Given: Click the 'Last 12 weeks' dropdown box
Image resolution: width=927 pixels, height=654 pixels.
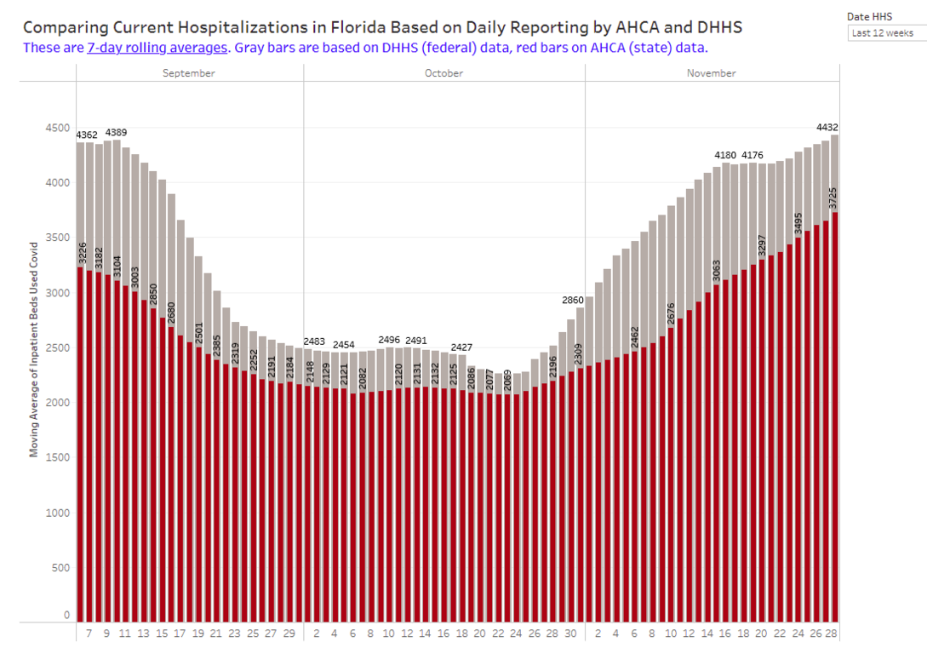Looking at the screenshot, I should click(886, 33).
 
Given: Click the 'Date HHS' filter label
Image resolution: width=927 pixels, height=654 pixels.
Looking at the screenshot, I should click(868, 16).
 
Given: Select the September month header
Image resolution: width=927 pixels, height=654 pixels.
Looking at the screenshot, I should click(189, 73).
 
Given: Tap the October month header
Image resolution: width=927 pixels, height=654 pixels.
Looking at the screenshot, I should click(443, 73).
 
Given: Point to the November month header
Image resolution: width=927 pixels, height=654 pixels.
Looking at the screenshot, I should click(711, 73).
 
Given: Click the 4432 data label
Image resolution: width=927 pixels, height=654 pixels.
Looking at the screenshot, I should click(827, 128).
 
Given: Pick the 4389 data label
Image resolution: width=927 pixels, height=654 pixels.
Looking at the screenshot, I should click(116, 133).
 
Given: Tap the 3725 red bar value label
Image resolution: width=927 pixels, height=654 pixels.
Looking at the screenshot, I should click(835, 198).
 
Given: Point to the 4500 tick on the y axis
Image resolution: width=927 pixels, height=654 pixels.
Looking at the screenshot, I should click(57, 129).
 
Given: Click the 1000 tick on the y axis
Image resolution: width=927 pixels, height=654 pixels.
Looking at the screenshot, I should click(57, 513).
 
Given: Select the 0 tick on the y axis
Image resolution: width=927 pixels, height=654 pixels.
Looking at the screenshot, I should click(66, 614).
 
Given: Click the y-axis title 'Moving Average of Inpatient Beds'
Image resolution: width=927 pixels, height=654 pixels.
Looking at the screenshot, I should click(35, 349).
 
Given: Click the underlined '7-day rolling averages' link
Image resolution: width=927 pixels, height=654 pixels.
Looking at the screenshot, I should click(157, 48).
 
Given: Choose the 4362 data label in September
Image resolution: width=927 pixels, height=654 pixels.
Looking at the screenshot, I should click(87, 135).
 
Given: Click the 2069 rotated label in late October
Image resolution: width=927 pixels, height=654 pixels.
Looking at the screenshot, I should click(508, 381).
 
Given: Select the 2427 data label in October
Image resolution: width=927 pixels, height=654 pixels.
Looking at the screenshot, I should click(461, 347).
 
